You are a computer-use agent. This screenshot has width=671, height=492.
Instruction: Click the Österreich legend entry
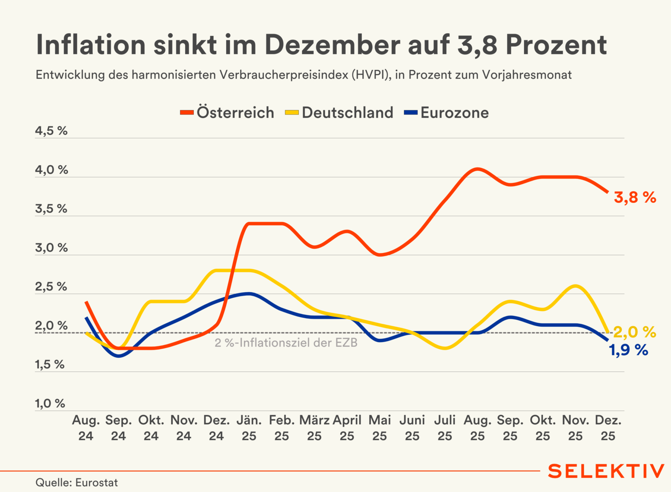pyautogui.click(x=227, y=113)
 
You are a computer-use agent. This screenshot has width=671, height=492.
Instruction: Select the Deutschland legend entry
pyautogui.click(x=339, y=113)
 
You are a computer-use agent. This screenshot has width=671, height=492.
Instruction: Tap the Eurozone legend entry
pyautogui.click(x=447, y=113)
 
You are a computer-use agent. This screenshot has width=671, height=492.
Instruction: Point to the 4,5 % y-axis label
pyautogui.click(x=51, y=131)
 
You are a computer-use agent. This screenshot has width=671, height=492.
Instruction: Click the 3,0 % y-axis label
pyautogui.click(x=51, y=248)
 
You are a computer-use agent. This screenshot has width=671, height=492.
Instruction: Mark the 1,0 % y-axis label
pyautogui.click(x=50, y=403)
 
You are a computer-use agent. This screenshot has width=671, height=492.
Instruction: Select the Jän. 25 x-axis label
pyautogui.click(x=249, y=428)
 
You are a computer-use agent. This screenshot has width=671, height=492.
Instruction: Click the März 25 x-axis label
pyautogui.click(x=314, y=428)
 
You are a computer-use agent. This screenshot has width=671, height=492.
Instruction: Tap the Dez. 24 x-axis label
pyautogui.click(x=216, y=428)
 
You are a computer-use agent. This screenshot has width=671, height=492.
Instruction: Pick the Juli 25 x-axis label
pyautogui.click(x=445, y=428)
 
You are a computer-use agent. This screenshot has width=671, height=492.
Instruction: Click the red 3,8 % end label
pyautogui.click(x=635, y=198)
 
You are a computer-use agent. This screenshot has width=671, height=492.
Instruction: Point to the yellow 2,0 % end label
pyautogui.click(x=634, y=332)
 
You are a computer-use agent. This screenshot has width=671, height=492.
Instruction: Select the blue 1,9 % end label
pyautogui.click(x=628, y=350)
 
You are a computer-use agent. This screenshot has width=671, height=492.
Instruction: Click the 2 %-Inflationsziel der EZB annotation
pyautogui.click(x=286, y=343)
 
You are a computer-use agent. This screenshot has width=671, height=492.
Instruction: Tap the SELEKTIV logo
pyautogui.click(x=605, y=471)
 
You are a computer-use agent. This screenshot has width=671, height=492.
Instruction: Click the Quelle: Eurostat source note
pyautogui.click(x=77, y=483)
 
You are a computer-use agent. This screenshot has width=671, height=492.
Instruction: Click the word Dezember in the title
pyautogui.click(x=332, y=45)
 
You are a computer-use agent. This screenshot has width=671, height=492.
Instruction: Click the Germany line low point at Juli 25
pyautogui.click(x=445, y=348)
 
